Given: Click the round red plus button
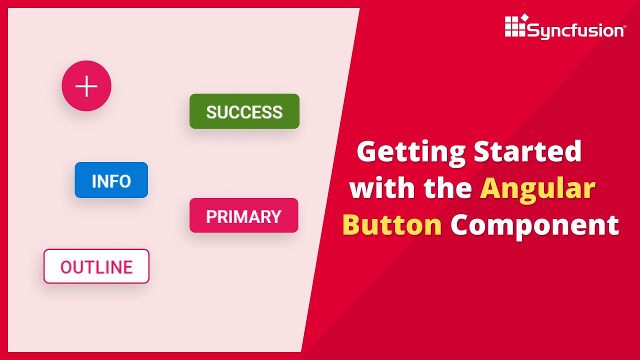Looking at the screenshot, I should [x=86, y=86].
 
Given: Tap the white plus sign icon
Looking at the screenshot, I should [x=86, y=86].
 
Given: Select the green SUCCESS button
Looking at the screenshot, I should [x=244, y=111].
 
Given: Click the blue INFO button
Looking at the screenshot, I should [x=111, y=180].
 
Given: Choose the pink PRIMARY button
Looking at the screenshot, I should [x=243, y=215].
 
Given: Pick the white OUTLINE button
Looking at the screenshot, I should [x=96, y=266].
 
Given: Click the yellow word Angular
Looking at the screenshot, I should [x=537, y=188].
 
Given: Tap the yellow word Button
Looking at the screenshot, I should [x=392, y=225].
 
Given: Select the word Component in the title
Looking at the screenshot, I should [x=534, y=226].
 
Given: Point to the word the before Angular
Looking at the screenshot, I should [x=448, y=188].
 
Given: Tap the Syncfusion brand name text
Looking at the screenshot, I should [x=574, y=31].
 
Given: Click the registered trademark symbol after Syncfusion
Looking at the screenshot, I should [x=623, y=27].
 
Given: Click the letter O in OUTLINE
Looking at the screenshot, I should [x=67, y=267].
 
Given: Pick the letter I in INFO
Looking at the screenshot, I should [x=94, y=181].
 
